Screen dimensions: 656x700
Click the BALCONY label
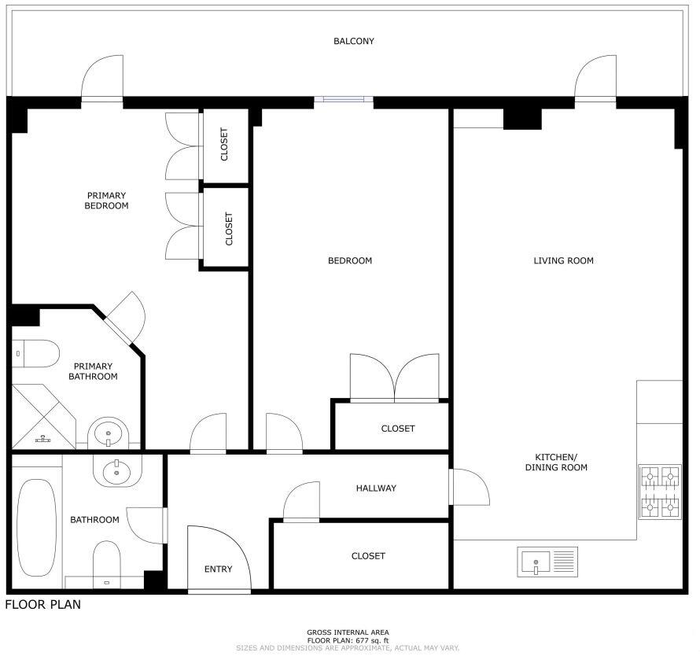(x=353, y=41)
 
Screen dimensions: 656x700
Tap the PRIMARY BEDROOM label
(x=106, y=201)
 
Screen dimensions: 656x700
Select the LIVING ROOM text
(x=563, y=260)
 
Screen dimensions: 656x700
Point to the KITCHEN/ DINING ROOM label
(x=561, y=463)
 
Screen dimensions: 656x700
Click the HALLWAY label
(x=376, y=488)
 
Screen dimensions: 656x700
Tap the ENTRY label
(x=218, y=569)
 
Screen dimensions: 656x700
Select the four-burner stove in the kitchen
(x=660, y=492)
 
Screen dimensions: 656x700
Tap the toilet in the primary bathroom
(x=35, y=354)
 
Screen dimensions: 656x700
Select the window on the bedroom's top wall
(x=344, y=100)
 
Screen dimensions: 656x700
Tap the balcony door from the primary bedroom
(x=103, y=79)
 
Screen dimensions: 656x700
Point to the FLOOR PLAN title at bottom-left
(x=42, y=605)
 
